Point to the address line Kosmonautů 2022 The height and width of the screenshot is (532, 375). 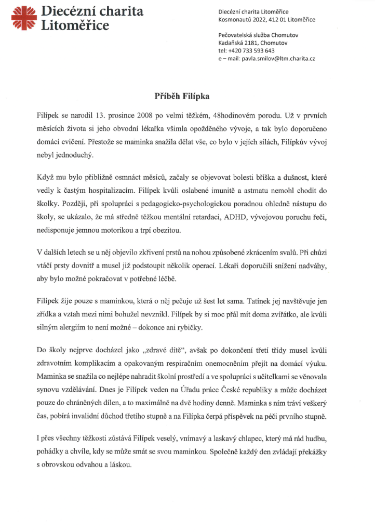tap(240, 20)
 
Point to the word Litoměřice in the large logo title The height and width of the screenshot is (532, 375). tap(75, 25)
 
